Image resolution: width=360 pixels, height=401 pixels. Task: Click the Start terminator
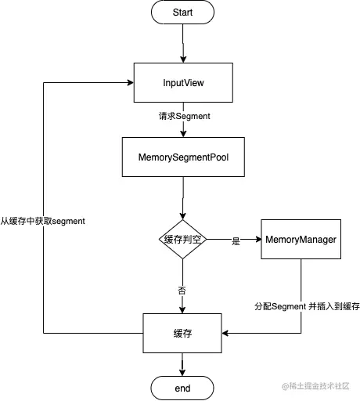point(182,13)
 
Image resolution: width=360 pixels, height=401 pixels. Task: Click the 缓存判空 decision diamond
point(182,240)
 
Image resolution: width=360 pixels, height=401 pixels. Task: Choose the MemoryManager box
point(301,239)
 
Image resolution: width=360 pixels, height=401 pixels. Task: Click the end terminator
point(182,387)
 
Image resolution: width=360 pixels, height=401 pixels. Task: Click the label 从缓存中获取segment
point(43,221)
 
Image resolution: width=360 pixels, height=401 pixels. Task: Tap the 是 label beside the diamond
point(235,242)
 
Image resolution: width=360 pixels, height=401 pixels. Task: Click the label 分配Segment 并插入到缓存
point(307,306)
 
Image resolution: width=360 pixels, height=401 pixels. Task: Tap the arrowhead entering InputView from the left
point(130,82)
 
